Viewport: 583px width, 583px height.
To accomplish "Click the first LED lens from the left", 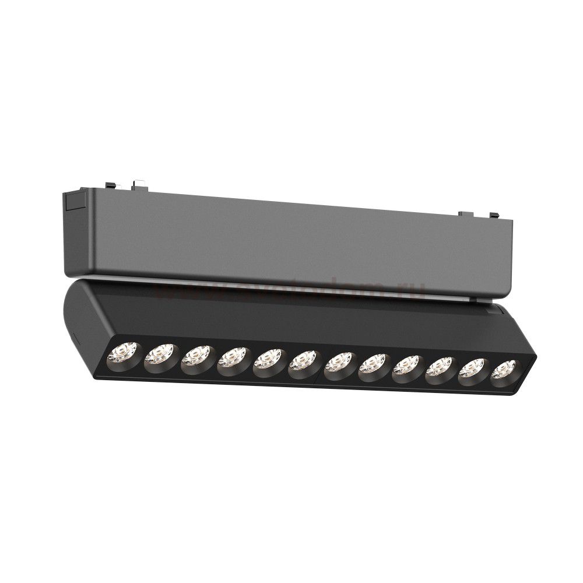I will tap(123, 352).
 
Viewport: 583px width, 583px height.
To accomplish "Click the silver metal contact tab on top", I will tap(138, 183).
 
